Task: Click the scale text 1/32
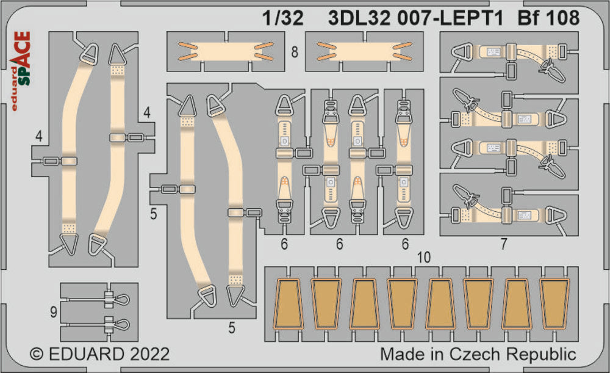pyautogui.click(x=283, y=18)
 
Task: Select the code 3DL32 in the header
pyautogui.click(x=359, y=18)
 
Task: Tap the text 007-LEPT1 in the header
pyautogui.click(x=450, y=18)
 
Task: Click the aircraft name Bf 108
pyautogui.click(x=548, y=18)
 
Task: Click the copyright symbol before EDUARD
pyautogui.click(x=37, y=354)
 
